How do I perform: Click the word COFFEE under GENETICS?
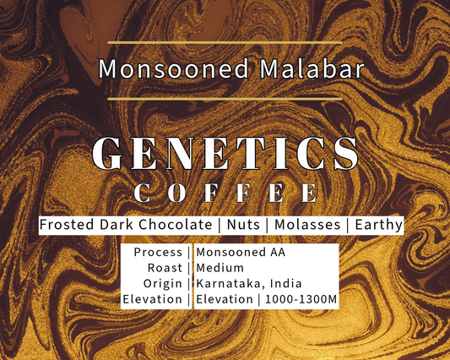pos(225,193)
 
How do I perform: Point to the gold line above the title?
pos(225,41)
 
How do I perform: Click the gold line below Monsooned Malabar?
pos(225,99)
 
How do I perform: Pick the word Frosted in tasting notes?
pos(68,225)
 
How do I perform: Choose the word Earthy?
pos(378,225)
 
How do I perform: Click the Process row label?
pos(158,253)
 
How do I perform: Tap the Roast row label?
pos(164,268)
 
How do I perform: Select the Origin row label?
pos(162,283)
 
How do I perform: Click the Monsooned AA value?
pos(240,253)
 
